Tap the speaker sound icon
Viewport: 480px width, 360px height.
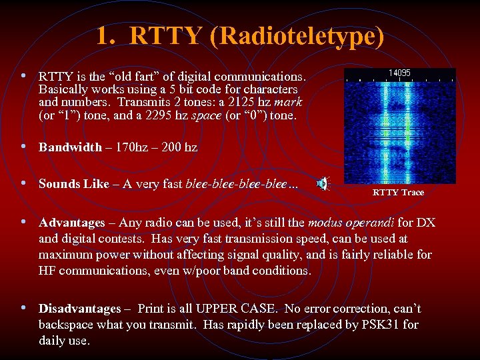tap(322, 185)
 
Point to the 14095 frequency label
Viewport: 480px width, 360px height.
tap(399, 73)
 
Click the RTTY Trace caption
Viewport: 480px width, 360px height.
tap(398, 192)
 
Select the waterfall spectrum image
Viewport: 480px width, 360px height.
tap(399, 127)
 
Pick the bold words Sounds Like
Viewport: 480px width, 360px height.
tap(73, 184)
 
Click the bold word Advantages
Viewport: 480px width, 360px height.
tap(72, 222)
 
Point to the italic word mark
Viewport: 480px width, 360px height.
tap(289, 102)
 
